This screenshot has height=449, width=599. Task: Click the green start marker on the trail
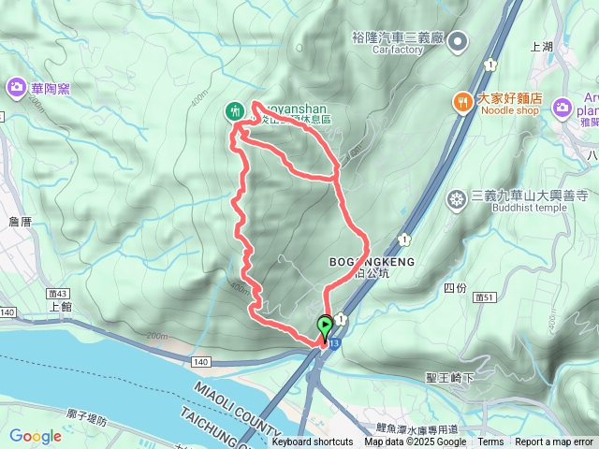(x=325, y=327)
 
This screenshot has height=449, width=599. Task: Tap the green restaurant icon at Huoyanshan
(x=235, y=111)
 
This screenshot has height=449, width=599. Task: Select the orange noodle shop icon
(x=462, y=99)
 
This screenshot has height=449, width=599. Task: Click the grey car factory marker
(x=458, y=40)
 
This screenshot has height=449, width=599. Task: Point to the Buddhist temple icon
(x=457, y=198)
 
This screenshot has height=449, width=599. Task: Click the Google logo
(x=36, y=436)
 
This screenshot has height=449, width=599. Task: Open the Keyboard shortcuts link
(x=313, y=442)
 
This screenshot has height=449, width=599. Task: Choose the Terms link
(x=490, y=442)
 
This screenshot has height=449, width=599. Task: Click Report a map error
(x=554, y=442)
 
